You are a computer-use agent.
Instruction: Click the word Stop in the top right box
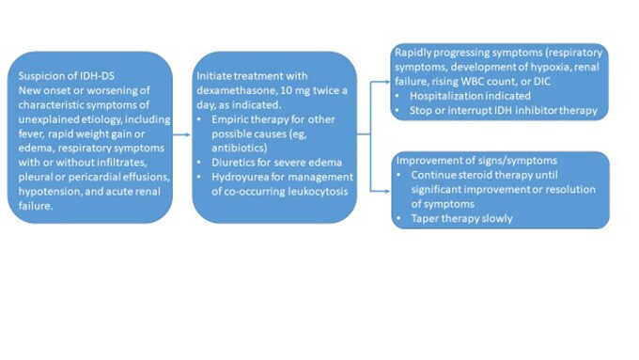(423, 111)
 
